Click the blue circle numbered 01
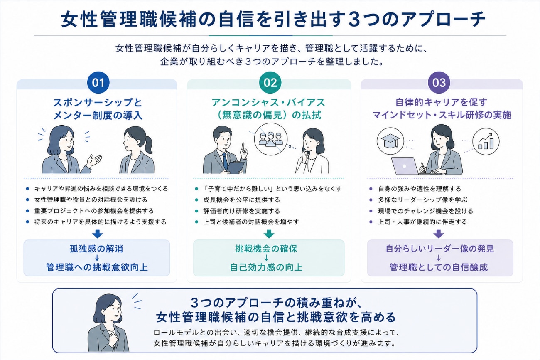tap(98, 83)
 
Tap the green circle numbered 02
tap(270, 83)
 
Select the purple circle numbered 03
tap(439, 83)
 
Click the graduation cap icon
tap(390, 141)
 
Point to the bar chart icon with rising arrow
tap(486, 141)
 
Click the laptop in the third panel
tap(405, 166)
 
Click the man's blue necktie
tap(225, 160)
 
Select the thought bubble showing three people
tap(271, 139)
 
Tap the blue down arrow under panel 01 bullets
tap(98, 234)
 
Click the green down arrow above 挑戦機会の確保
tap(269, 234)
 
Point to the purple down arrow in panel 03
tap(439, 234)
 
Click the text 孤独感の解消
tap(96, 249)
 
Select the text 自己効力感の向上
tap(266, 267)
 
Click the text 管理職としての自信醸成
tap(439, 267)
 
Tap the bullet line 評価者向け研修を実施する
tap(241, 211)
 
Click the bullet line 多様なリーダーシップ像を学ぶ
tap(422, 200)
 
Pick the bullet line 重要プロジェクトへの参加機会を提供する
tap(94, 211)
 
